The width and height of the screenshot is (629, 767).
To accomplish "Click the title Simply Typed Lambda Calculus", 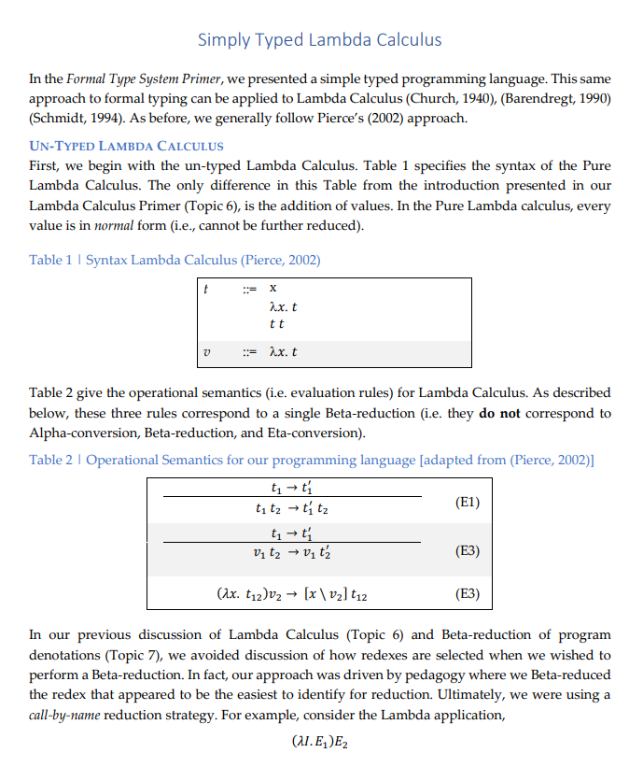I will tap(319, 39).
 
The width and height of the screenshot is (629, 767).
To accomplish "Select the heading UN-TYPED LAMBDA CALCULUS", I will tap(127, 146).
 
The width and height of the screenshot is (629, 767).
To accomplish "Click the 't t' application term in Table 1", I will tap(275, 323).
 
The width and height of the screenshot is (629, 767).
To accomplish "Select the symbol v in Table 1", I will tap(206, 352).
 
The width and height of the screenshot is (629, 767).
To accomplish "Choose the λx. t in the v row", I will tap(283, 352).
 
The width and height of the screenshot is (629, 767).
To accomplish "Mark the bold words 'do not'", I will tap(499, 413).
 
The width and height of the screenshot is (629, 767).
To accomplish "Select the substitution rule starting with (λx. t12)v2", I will tap(297, 592).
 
